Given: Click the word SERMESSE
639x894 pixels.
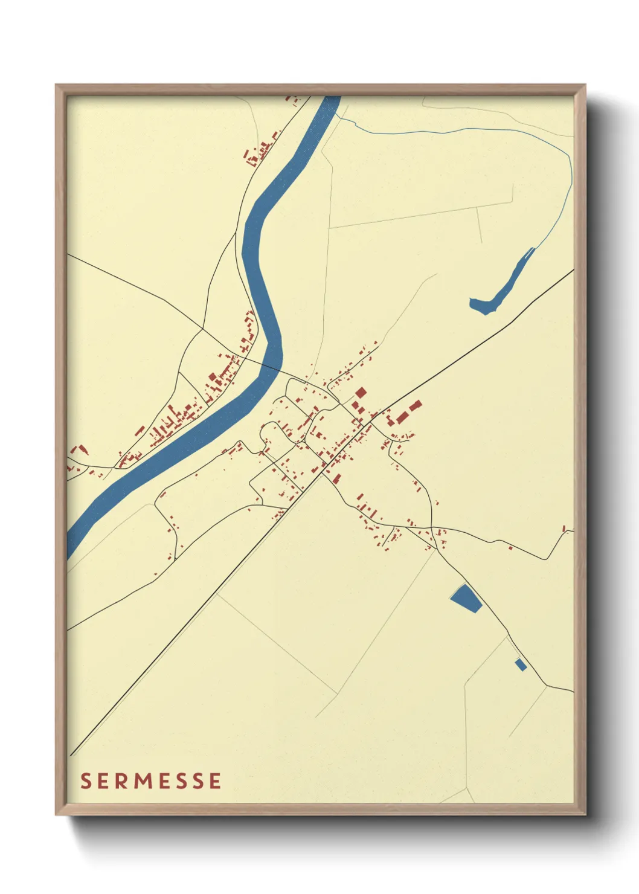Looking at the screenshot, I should (x=151, y=781).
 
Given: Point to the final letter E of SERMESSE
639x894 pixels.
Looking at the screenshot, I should (x=214, y=781).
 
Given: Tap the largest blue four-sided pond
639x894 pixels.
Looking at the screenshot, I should (x=466, y=597).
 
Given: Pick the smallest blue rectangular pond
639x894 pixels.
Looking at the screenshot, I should (x=521, y=664).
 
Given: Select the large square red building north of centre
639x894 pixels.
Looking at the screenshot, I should (x=360, y=393).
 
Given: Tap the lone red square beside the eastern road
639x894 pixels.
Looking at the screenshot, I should (x=510, y=548).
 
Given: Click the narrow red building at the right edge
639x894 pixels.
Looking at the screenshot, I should (x=564, y=529).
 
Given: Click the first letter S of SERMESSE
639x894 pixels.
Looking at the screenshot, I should (x=86, y=781).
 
